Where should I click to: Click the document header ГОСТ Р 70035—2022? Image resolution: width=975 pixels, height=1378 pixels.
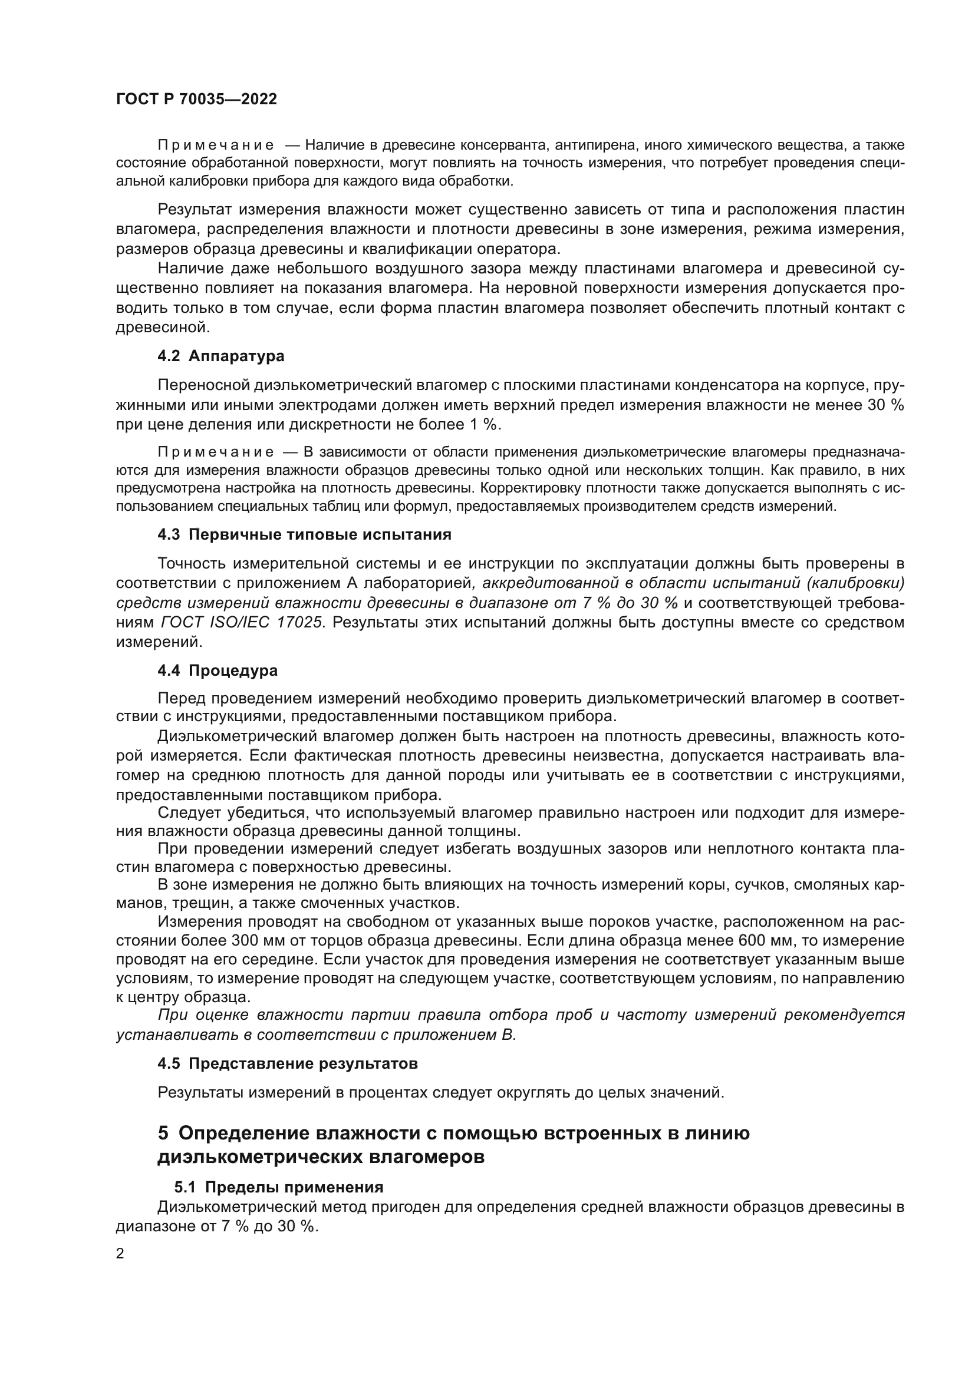point(196,100)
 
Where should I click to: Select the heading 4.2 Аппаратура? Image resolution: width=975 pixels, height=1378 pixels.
point(220,356)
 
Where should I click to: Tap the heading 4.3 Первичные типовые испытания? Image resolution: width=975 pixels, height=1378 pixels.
point(304,534)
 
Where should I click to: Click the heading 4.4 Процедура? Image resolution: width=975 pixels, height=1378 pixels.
point(218,670)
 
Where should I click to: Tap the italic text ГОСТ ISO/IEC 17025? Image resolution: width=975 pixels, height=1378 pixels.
point(242,622)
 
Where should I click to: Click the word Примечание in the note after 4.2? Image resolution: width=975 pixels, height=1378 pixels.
point(216,452)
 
